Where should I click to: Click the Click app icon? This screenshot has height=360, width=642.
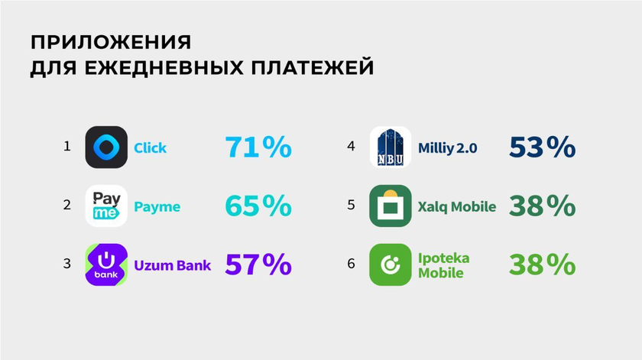(x=106, y=147)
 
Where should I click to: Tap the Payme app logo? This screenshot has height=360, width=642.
(x=106, y=206)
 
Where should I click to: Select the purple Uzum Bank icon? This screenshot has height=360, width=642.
(x=106, y=264)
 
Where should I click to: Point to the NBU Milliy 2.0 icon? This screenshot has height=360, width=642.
(x=391, y=147)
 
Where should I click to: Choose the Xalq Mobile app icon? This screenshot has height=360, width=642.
(x=391, y=206)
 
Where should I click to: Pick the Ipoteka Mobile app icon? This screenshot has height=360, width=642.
(x=391, y=264)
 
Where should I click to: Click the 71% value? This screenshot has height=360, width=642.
(x=258, y=147)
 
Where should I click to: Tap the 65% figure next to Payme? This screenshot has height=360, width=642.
(x=258, y=206)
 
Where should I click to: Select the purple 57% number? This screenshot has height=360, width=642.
(x=258, y=264)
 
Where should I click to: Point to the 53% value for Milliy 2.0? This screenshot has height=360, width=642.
(x=542, y=147)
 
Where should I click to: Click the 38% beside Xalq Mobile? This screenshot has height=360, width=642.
(x=542, y=206)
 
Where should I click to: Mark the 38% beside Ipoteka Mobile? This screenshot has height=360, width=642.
(x=542, y=264)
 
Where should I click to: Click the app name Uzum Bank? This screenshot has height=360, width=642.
(x=173, y=265)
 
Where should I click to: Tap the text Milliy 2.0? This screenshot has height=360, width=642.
(x=448, y=148)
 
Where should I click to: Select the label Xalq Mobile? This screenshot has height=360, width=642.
(x=457, y=207)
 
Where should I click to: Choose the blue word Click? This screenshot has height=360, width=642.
(x=151, y=148)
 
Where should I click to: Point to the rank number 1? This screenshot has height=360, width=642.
(x=67, y=146)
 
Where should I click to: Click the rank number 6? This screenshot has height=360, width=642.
(x=351, y=264)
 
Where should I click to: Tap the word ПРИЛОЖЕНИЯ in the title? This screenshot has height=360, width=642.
(x=111, y=42)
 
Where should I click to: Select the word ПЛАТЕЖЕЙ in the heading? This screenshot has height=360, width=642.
(x=313, y=67)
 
